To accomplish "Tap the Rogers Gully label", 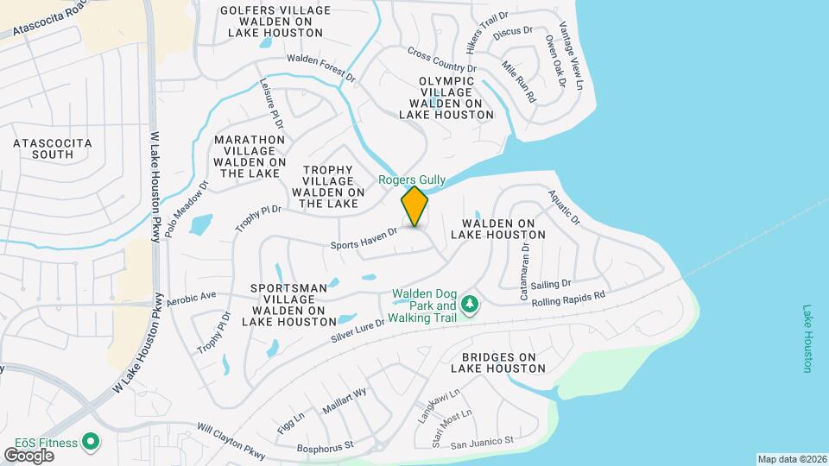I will coord(413,179).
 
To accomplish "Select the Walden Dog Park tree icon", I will coord(470,304).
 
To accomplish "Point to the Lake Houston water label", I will coord(808,338).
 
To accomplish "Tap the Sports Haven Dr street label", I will coord(364,239).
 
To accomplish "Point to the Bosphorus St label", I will coord(326,446).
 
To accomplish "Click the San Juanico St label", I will coord(482,441).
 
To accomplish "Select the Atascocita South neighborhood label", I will coord(41,148).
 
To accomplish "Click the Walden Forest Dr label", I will coord(321,67).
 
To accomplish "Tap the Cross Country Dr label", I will coord(442,60).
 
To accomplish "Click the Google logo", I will coord(29,456).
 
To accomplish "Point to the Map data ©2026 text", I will coord(792,459).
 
